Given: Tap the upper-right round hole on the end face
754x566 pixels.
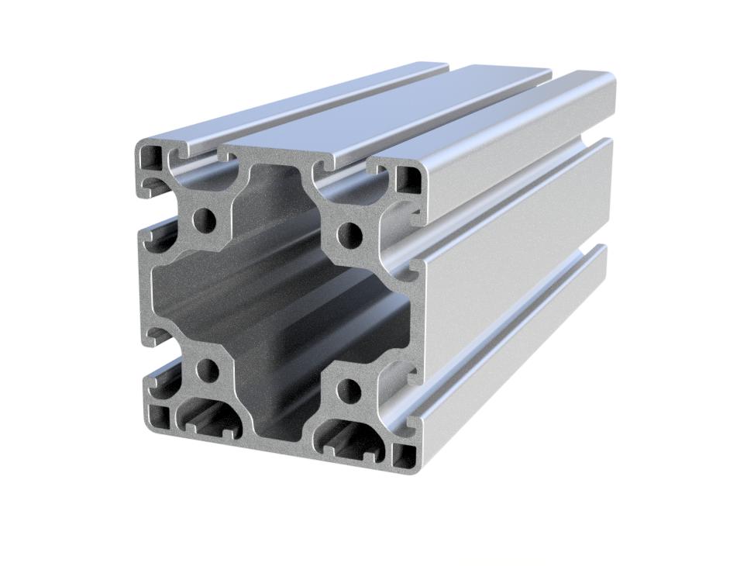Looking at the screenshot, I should pyautogui.click(x=349, y=231).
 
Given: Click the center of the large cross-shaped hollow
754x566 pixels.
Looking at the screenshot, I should pyautogui.click(x=279, y=302).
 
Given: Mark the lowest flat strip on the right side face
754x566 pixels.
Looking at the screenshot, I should pyautogui.click(x=511, y=372).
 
